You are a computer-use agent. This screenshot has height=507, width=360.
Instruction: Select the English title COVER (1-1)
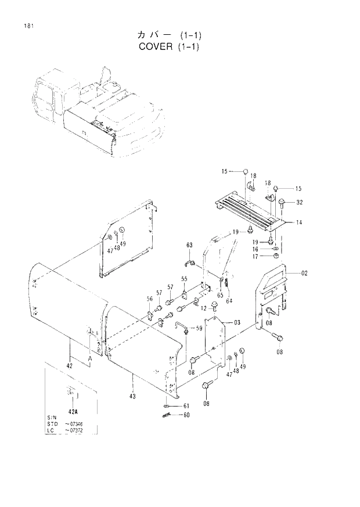[x=169, y=46]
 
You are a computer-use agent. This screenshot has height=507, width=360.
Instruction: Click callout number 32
[x=299, y=203]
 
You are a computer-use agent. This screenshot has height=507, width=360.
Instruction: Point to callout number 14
[x=298, y=222]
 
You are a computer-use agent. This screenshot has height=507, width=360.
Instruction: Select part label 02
[x=304, y=273]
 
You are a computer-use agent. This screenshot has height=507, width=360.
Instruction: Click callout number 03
[x=237, y=322]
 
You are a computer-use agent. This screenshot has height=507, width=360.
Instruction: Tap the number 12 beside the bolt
[x=204, y=308]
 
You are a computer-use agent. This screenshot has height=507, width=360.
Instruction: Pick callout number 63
[x=189, y=245]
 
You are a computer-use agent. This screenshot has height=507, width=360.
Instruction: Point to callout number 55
[x=184, y=279]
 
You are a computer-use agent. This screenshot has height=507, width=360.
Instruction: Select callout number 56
[x=149, y=299]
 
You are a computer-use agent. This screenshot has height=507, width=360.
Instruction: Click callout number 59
[x=199, y=329]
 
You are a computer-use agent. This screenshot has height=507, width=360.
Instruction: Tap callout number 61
[x=186, y=405]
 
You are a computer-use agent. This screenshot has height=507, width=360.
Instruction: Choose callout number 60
[x=186, y=415]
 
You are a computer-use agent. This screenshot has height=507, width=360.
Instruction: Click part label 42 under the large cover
[x=69, y=366]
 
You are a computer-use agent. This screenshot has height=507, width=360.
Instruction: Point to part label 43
[x=133, y=396]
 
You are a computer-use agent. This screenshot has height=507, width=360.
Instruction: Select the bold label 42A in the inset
[x=73, y=411]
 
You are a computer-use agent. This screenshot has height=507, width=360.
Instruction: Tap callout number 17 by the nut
[x=255, y=256]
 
